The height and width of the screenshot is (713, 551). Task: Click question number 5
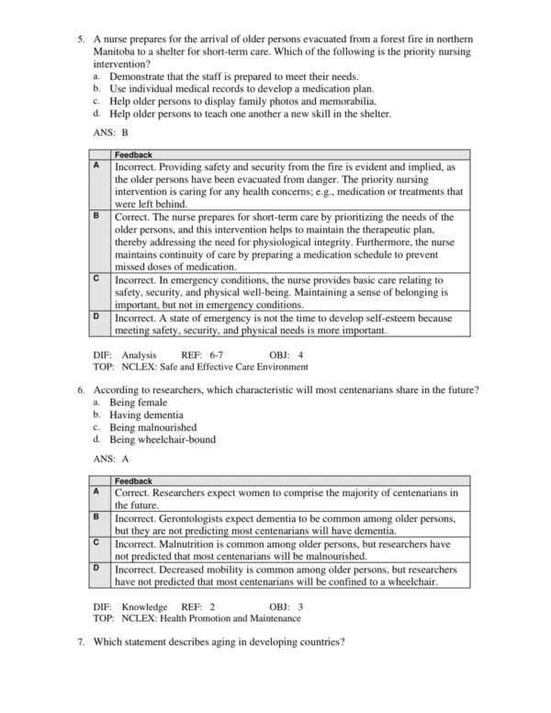click(82, 40)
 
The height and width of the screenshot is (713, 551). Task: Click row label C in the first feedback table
click(97, 277)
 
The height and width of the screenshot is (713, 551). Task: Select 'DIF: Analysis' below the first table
click(125, 354)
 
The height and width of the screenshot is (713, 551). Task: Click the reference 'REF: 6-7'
click(203, 354)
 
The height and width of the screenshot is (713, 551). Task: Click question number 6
click(82, 391)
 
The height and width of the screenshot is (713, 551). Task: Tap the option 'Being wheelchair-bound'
click(163, 439)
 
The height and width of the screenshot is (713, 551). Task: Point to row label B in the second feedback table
click(97, 517)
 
